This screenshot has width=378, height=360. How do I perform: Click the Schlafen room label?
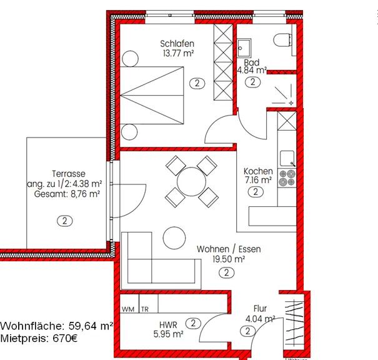[177, 44]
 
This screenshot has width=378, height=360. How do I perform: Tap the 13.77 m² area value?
[179, 53]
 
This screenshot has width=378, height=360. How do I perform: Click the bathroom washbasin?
[244, 47]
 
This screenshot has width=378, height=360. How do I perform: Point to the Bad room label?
[251, 62]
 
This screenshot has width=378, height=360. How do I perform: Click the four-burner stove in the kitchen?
[287, 177]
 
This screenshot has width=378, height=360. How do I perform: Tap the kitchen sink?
[287, 159]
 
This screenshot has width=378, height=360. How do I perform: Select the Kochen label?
[258, 171]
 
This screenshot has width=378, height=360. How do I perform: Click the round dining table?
[191, 182]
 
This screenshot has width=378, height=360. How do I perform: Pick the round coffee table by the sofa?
[174, 237]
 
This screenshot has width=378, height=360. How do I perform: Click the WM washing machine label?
[128, 309]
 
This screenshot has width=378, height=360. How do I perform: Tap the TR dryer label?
[145, 309]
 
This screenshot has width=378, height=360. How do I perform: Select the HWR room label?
[168, 325]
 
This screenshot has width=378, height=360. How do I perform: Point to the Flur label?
[260, 308]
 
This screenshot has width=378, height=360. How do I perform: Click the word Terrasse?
[69, 174]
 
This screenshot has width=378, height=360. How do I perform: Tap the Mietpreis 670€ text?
[39, 339]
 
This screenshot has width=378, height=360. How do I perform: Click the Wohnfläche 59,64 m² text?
[56, 326]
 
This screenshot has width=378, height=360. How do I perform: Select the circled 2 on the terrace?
[64, 221]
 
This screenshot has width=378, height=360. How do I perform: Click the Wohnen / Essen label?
[229, 249]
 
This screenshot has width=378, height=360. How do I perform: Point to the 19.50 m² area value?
[229, 259]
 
